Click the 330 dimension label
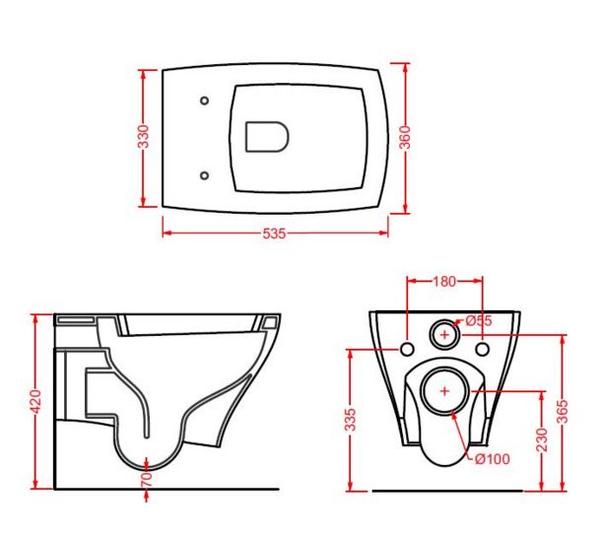tap(144, 136)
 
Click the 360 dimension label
tap(405, 137)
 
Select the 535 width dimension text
tap(274, 234)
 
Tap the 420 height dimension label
tap(35, 402)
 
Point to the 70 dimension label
tap(147, 480)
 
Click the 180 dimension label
tap(443, 282)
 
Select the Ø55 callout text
tap(479, 320)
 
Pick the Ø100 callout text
tap(493, 459)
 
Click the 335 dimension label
tap(350, 420)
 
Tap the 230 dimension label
tap(542, 439)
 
